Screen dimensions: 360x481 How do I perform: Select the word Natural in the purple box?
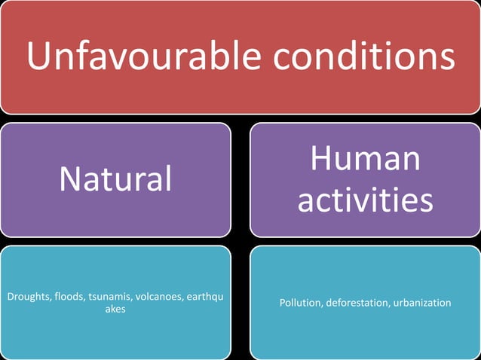[115, 179]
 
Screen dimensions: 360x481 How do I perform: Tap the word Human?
[365, 159]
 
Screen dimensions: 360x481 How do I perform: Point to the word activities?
[365, 200]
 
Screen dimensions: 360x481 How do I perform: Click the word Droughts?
[29, 297]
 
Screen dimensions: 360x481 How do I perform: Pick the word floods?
[70, 297]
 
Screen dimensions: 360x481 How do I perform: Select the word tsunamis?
[110, 297]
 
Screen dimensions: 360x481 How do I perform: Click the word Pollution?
[300, 303]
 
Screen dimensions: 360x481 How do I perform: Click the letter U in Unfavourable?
[37, 55]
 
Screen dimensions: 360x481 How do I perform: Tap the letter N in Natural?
[69, 179]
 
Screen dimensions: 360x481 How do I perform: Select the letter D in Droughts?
[10, 297]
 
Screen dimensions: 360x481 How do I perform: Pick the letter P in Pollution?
[282, 303]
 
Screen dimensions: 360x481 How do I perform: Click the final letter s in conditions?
[448, 56]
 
